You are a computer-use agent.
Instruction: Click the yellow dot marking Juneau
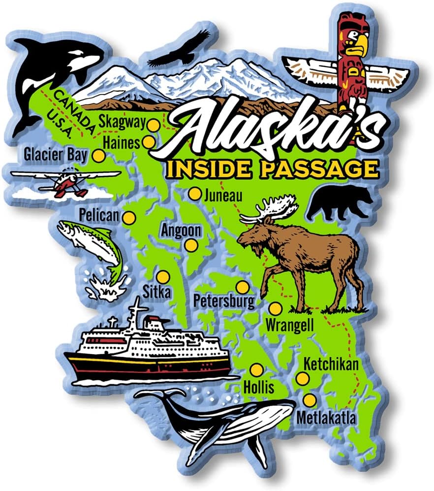195,194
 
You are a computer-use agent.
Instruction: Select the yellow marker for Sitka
163,277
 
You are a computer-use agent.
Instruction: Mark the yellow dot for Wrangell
276,309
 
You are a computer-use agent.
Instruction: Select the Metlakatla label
326,418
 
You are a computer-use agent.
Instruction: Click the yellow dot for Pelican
129,218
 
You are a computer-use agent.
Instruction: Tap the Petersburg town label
224,300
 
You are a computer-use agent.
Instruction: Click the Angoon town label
181,230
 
